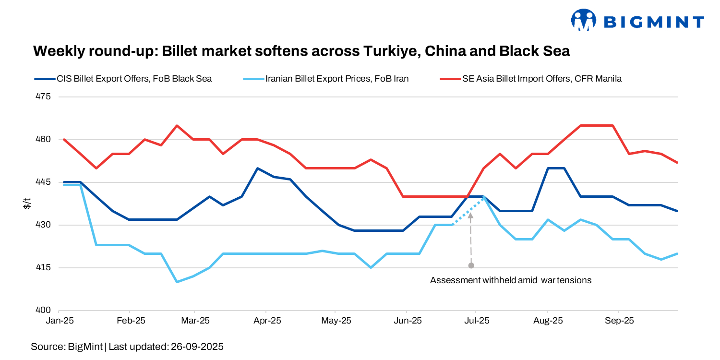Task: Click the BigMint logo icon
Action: [x=583, y=20]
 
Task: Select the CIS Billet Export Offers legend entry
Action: [x=123, y=79]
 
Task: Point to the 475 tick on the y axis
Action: [x=44, y=97]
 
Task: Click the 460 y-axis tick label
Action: [x=44, y=140]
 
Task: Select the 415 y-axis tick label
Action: [x=44, y=268]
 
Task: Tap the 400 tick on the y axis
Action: [x=44, y=311]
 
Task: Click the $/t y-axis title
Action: [x=28, y=204]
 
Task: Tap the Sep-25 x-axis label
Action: [x=618, y=321]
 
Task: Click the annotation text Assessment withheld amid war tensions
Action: [x=511, y=280]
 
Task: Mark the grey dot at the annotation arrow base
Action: [x=471, y=265]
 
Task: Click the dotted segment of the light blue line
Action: [x=468, y=210]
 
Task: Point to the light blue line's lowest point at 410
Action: [x=177, y=282]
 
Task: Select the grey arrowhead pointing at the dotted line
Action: [x=471, y=216]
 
